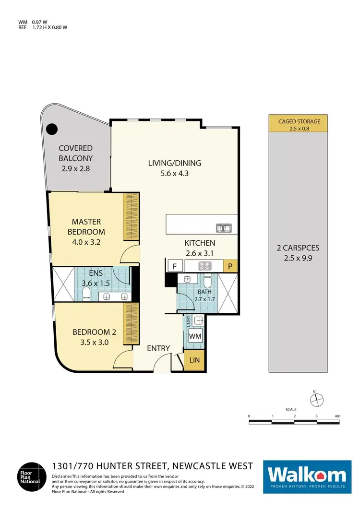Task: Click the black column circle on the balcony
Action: click(51, 129)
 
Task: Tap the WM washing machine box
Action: click(195, 336)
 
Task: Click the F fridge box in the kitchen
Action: click(174, 266)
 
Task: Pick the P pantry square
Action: click(230, 266)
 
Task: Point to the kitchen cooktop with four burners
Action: click(204, 266)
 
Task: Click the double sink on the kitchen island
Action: click(223, 228)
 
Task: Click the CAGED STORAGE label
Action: click(299, 121)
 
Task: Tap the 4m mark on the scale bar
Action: click(337, 415)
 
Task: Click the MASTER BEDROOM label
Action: click(86, 226)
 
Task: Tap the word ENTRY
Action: click(158, 348)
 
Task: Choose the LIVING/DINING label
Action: click(174, 163)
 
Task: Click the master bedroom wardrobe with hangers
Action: click(131, 216)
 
